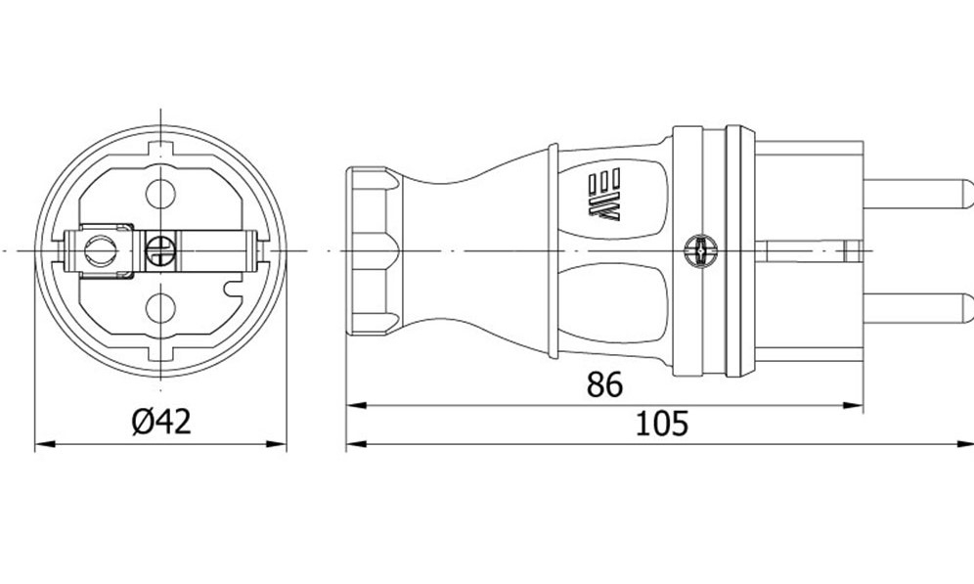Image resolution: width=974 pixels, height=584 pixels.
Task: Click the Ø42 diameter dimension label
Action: coord(161,422)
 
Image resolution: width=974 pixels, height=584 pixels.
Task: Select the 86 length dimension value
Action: coord(603,384)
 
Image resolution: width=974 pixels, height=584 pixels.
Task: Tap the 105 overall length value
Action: coord(661,424)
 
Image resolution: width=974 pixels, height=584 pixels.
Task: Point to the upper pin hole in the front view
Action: coord(161,194)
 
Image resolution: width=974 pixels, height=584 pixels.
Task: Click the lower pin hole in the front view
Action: coord(161,308)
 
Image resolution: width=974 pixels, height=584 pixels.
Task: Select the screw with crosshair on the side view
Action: coord(701,251)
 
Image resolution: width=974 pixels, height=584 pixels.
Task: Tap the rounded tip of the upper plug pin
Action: coord(966,194)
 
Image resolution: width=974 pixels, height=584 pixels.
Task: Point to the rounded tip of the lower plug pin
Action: coord(966,308)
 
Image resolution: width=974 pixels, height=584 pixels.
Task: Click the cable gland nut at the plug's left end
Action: coord(373,251)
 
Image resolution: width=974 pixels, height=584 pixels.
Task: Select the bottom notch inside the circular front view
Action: coord(161,353)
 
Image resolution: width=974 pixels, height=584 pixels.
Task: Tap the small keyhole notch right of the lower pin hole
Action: coord(233,289)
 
